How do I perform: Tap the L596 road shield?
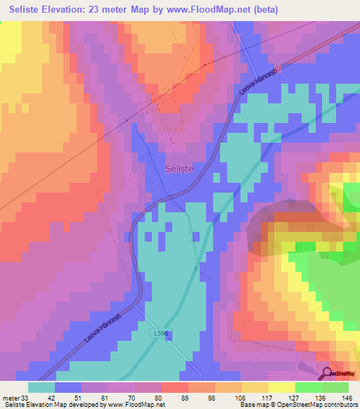(160, 335)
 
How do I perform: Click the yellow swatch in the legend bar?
(282, 387)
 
